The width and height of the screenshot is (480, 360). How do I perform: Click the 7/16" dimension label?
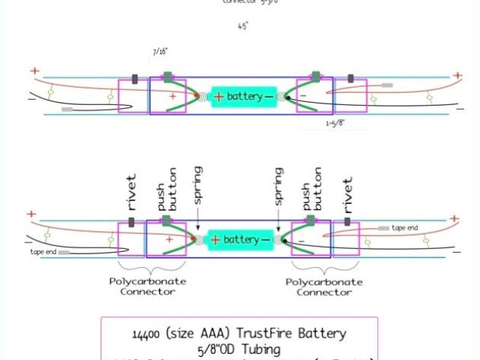(158, 52)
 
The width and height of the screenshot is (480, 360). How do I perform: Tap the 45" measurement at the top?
(243, 25)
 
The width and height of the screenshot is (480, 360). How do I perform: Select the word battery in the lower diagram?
(241, 240)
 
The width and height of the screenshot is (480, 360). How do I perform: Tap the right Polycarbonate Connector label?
(324, 286)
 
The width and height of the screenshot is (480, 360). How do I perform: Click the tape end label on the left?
(43, 252)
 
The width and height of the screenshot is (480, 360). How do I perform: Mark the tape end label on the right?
(404, 227)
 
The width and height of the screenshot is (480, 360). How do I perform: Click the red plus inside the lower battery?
(215, 240)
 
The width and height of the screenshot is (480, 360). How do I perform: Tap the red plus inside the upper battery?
(218, 97)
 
